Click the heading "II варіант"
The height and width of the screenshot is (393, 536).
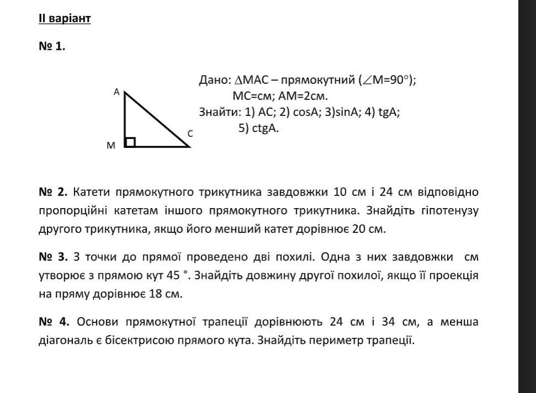[65, 19]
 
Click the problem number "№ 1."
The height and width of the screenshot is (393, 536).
[52, 46]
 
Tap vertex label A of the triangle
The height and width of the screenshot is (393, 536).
[116, 93]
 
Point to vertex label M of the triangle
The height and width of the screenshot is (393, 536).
[111, 146]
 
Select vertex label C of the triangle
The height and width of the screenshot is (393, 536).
[190, 134]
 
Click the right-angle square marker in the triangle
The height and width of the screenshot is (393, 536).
[130, 142]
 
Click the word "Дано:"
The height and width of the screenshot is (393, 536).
[215, 80]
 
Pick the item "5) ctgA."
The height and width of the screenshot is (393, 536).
[259, 129]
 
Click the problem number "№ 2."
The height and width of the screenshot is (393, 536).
[53, 192]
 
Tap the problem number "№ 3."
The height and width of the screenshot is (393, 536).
[53, 257]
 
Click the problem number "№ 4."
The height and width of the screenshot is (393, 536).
[53, 322]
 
